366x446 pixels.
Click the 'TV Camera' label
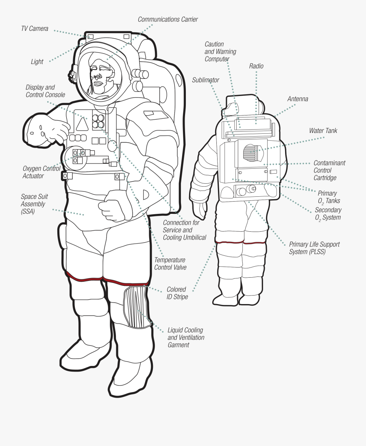tap(35, 28)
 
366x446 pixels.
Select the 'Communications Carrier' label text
tap(168, 20)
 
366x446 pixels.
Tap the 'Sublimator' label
tap(205, 80)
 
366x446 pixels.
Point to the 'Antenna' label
tap(298, 99)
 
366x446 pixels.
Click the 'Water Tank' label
tap(323, 131)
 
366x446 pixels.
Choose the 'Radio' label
tap(256, 66)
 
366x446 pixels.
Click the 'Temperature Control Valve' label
tap(170, 264)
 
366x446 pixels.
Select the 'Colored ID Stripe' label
tap(177, 293)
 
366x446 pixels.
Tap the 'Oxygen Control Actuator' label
tap(41, 172)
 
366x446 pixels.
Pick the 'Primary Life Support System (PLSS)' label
tap(314, 248)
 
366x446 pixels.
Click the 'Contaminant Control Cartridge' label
tap(329, 170)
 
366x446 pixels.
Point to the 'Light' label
tap(37, 61)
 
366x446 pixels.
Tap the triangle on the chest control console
tap(82, 125)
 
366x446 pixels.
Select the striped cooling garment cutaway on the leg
tap(136, 307)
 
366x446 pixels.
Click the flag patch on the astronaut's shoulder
tap(156, 115)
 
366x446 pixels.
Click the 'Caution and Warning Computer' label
tap(220, 52)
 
